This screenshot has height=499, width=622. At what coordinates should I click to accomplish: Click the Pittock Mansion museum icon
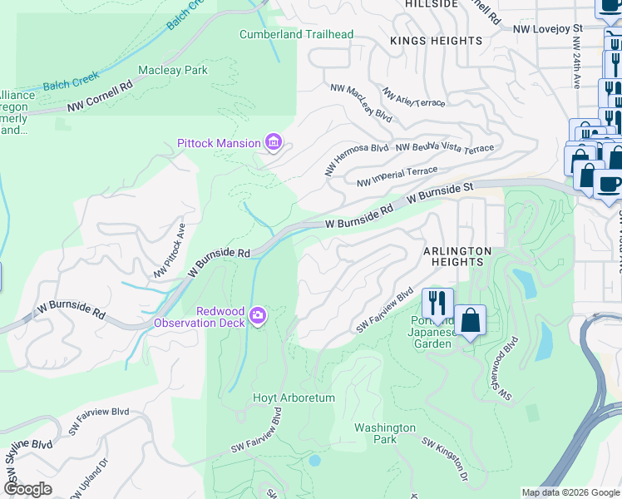(273, 143)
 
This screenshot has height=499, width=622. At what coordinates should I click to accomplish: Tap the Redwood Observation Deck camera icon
(258, 315)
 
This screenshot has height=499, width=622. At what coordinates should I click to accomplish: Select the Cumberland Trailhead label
(296, 34)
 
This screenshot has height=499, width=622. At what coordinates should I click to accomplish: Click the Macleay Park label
(173, 71)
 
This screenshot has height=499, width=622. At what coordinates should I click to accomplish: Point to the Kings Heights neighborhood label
(437, 41)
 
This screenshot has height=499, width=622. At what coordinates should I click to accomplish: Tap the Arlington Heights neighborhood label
(457, 256)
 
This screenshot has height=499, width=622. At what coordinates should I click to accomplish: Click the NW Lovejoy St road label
(548, 28)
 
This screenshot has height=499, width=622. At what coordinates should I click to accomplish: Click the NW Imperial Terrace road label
(397, 176)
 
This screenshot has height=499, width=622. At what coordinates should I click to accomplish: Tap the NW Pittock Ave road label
(169, 250)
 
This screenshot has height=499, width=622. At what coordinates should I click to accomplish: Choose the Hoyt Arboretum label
(294, 398)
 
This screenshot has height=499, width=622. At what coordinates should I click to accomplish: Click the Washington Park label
(384, 433)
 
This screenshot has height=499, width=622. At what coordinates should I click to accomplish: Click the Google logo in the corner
(28, 489)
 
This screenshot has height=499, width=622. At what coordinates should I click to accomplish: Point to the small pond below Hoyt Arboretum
(314, 460)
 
